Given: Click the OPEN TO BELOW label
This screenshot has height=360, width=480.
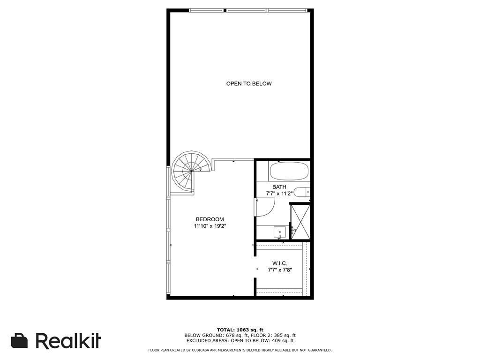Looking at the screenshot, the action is (x=249, y=83).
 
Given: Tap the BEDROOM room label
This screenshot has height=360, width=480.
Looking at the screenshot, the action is (x=210, y=219).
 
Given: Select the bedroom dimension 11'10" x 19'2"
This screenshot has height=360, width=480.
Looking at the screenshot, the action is (x=210, y=226).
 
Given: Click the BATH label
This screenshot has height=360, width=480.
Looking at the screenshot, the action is (x=279, y=187).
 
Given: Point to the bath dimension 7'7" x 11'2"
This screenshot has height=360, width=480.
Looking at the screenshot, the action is (x=279, y=194).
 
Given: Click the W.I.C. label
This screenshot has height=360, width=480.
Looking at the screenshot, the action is (x=279, y=263).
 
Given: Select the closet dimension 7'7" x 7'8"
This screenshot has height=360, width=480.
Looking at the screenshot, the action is (x=279, y=270).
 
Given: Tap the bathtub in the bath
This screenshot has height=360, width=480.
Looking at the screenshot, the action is (x=289, y=171).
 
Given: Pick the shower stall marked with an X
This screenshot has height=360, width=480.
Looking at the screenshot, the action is (x=300, y=222).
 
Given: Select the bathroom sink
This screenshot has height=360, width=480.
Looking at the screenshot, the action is (x=280, y=232).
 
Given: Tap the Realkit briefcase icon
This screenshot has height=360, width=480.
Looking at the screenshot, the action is (x=19, y=341).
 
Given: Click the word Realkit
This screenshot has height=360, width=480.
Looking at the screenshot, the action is (x=68, y=340).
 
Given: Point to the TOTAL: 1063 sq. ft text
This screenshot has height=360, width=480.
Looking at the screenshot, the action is (x=240, y=330).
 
